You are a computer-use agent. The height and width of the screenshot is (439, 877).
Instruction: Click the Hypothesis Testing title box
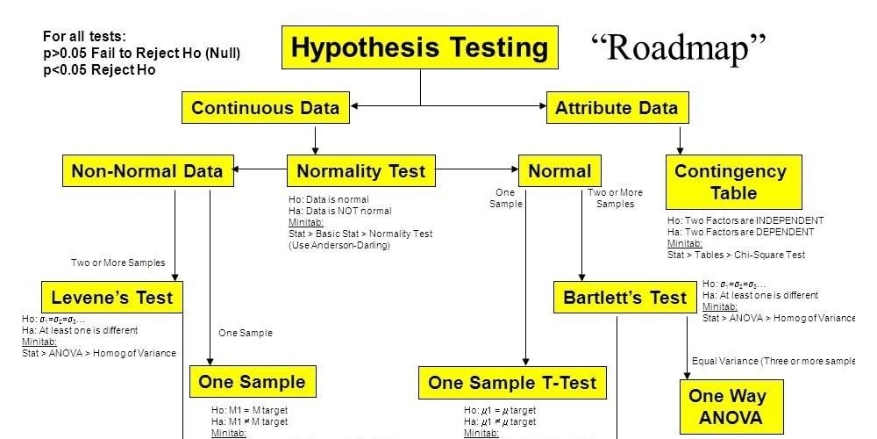point(420,47)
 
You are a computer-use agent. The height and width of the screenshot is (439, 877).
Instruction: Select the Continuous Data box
point(265,108)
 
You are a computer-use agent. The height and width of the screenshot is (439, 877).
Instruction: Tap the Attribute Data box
point(617,108)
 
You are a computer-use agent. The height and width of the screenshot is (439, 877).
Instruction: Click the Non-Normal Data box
point(147,170)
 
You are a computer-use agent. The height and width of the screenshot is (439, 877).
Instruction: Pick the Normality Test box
point(360,170)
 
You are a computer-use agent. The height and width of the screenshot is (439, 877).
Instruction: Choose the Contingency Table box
point(731,182)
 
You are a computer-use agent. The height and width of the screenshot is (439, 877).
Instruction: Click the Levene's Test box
point(112,297)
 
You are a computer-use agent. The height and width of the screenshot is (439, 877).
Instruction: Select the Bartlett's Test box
point(624,298)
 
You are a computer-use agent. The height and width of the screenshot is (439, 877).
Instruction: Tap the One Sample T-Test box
point(512,382)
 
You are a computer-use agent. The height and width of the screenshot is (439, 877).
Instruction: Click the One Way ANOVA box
point(730,405)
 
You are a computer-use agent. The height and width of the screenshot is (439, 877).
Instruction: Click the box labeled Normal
point(560,170)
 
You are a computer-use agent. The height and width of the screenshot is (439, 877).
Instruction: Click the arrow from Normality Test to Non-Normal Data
point(260,170)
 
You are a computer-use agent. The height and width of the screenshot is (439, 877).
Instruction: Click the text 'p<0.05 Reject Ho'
point(99,69)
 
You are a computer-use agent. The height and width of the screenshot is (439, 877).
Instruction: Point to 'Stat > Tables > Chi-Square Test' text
point(736,255)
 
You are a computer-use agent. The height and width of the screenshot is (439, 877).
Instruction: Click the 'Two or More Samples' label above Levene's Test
point(118,263)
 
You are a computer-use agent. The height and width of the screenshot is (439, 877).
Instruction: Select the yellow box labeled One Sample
point(252,381)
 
